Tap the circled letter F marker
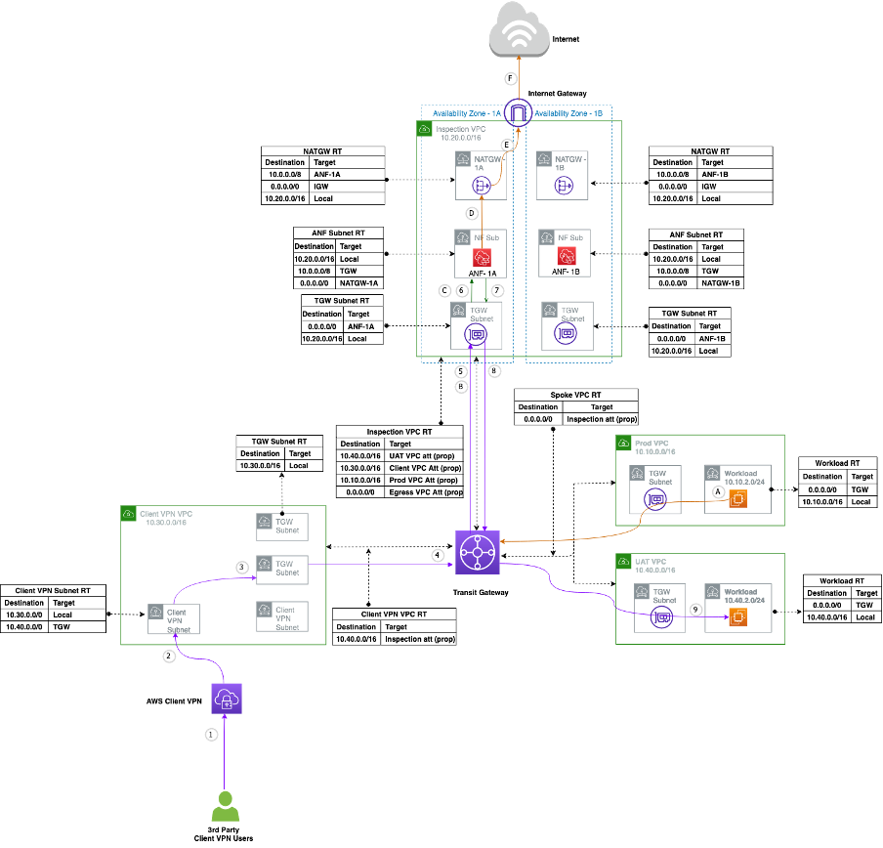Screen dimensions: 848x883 (509, 78)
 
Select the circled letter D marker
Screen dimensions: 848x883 (472, 212)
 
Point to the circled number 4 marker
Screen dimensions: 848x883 (439, 555)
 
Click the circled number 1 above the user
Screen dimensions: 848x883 (211, 734)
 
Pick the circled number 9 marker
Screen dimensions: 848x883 (695, 609)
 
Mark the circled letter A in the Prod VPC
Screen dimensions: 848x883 (718, 493)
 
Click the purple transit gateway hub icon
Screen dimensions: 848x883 (478, 552)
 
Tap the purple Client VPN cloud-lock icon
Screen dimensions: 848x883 (226, 699)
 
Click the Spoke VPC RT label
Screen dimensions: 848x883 (575, 395)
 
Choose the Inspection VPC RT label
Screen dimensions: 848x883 (399, 431)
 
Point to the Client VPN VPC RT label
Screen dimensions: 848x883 (394, 615)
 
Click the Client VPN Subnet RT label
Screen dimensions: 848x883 (53, 590)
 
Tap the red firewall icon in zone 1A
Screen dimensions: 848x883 (482, 257)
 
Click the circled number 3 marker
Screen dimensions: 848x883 (242, 567)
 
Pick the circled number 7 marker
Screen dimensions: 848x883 (497, 291)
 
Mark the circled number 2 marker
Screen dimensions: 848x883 (169, 657)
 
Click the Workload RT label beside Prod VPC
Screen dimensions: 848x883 (837, 462)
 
